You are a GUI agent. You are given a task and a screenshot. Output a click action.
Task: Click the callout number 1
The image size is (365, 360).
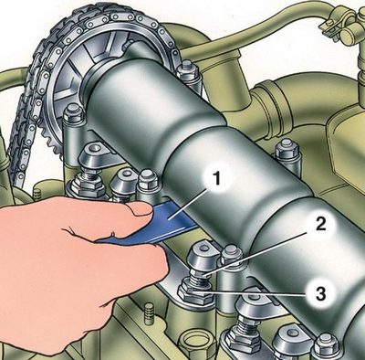(x=216, y=179)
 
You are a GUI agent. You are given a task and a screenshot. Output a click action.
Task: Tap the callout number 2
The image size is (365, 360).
(x=320, y=225)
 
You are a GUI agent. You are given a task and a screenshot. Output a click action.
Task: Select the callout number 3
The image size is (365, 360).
(x=320, y=294)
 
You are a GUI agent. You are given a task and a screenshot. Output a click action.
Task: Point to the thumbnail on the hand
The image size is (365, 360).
(x=141, y=209)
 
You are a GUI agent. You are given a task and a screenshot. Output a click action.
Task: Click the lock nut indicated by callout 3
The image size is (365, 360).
(x=194, y=293)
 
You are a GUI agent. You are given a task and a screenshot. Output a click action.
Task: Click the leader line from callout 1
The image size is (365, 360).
(x=190, y=203)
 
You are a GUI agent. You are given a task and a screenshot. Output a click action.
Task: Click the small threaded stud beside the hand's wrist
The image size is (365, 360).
(x=149, y=313)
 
